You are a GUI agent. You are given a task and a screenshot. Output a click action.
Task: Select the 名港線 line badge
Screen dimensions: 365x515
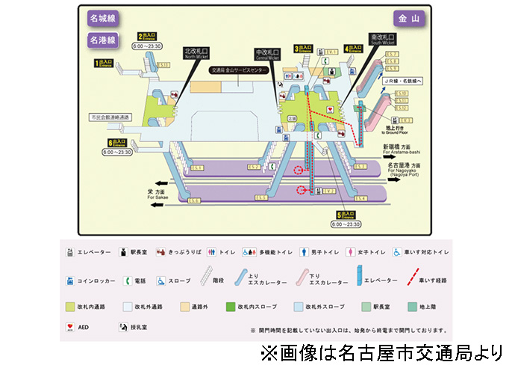click(x=102, y=39)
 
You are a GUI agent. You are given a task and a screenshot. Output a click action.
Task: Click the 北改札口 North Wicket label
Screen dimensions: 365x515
click(x=197, y=53)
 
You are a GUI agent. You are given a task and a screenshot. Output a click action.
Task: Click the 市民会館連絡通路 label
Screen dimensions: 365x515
click(x=110, y=118)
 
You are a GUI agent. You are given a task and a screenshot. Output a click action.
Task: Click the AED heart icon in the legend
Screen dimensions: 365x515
click(x=69, y=327)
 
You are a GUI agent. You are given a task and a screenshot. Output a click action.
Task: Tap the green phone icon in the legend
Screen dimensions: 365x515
click(x=127, y=281)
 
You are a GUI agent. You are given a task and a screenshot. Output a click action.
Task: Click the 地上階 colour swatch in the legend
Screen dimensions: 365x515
click(x=412, y=306)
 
